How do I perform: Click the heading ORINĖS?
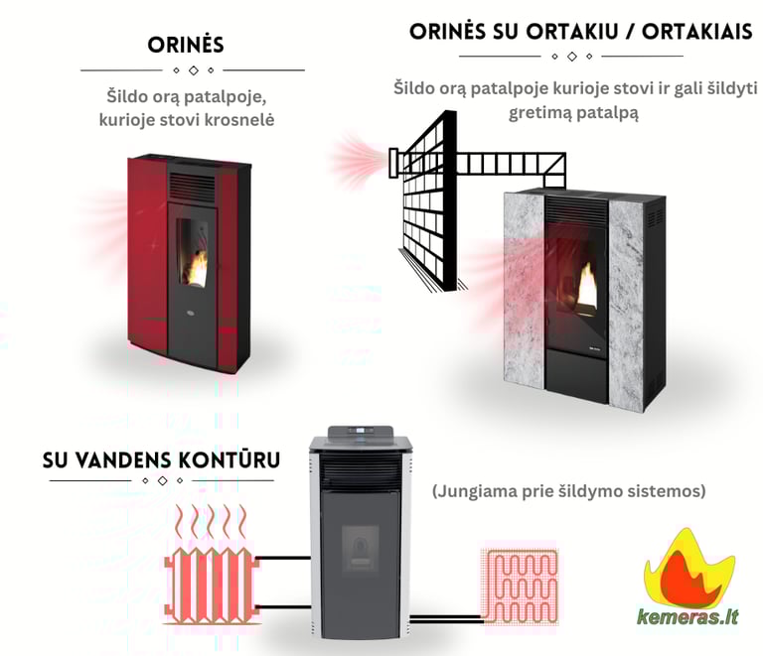(185, 46)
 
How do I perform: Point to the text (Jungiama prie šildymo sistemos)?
(568, 491)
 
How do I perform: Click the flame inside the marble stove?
(586, 286)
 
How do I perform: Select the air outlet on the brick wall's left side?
(394, 158)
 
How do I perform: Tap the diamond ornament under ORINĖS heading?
(193, 70)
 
